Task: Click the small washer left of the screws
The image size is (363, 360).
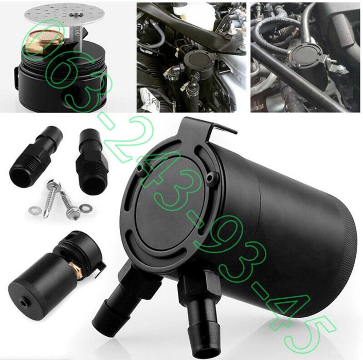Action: [x=35, y=210]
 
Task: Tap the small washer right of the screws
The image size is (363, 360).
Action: [x=85, y=208]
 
